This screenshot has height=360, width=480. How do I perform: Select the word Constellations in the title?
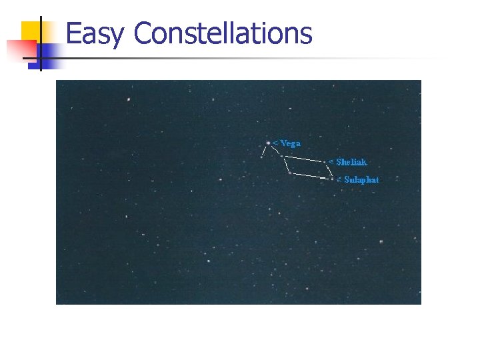point(223,33)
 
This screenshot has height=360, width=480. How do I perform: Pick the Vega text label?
point(290,143)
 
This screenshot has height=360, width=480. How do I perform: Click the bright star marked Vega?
point(268,143)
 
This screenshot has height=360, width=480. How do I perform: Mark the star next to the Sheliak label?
point(325,162)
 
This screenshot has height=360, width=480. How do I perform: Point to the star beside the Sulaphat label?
point(332,179)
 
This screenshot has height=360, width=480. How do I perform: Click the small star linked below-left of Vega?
point(262,157)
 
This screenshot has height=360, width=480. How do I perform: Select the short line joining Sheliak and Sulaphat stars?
point(329,171)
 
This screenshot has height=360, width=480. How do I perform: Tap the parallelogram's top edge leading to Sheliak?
point(303,159)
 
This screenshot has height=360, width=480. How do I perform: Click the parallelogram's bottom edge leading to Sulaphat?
point(311,176)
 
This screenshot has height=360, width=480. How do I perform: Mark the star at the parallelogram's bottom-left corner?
point(289,173)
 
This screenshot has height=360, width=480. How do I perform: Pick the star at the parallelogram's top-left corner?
point(281,156)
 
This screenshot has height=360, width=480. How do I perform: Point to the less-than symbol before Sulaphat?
point(339,179)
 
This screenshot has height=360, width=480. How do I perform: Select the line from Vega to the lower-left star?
point(265,150)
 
